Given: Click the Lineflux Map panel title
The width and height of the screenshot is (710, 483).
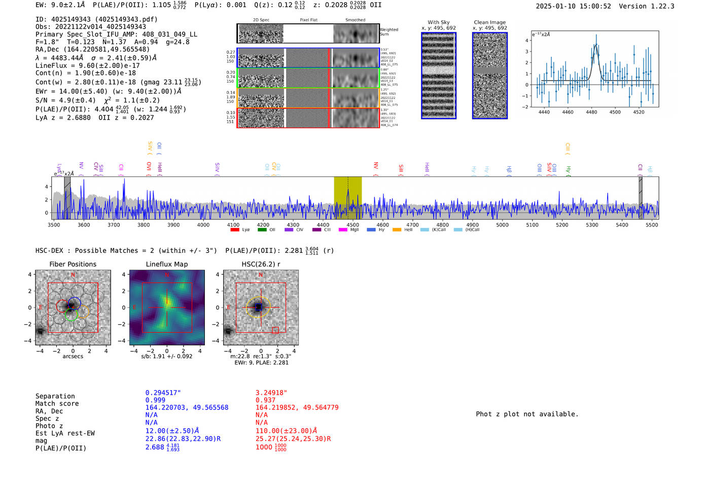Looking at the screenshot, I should click(x=166, y=264).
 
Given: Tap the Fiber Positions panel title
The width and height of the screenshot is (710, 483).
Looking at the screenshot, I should click(x=73, y=264).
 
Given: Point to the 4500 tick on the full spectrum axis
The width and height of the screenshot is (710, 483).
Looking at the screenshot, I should click(x=352, y=225).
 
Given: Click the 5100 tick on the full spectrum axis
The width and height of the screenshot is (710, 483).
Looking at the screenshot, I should click(x=532, y=225).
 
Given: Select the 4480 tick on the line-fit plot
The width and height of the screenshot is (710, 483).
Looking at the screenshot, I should click(x=591, y=112).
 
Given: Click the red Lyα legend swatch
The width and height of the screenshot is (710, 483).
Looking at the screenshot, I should click(x=235, y=230).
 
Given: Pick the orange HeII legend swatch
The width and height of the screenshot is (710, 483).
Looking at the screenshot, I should click(x=397, y=230).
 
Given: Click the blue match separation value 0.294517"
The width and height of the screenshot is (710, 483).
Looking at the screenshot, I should click(x=163, y=393).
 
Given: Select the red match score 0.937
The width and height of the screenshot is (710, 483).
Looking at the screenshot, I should click(x=265, y=400).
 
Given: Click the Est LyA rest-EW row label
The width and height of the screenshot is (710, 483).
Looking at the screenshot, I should click(x=65, y=433).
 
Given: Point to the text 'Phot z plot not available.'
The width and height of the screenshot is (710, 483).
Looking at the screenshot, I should click(x=527, y=414).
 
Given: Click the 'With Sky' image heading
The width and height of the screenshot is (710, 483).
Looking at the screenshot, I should click(x=438, y=22).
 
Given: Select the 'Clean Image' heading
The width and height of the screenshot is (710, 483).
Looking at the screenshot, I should click(x=489, y=22).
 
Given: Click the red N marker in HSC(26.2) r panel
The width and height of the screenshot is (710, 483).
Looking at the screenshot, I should click(x=261, y=275).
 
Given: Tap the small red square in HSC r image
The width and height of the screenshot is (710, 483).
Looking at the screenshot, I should click(x=275, y=330).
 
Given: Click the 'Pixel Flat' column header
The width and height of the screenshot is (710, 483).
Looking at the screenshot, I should click(x=308, y=20).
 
